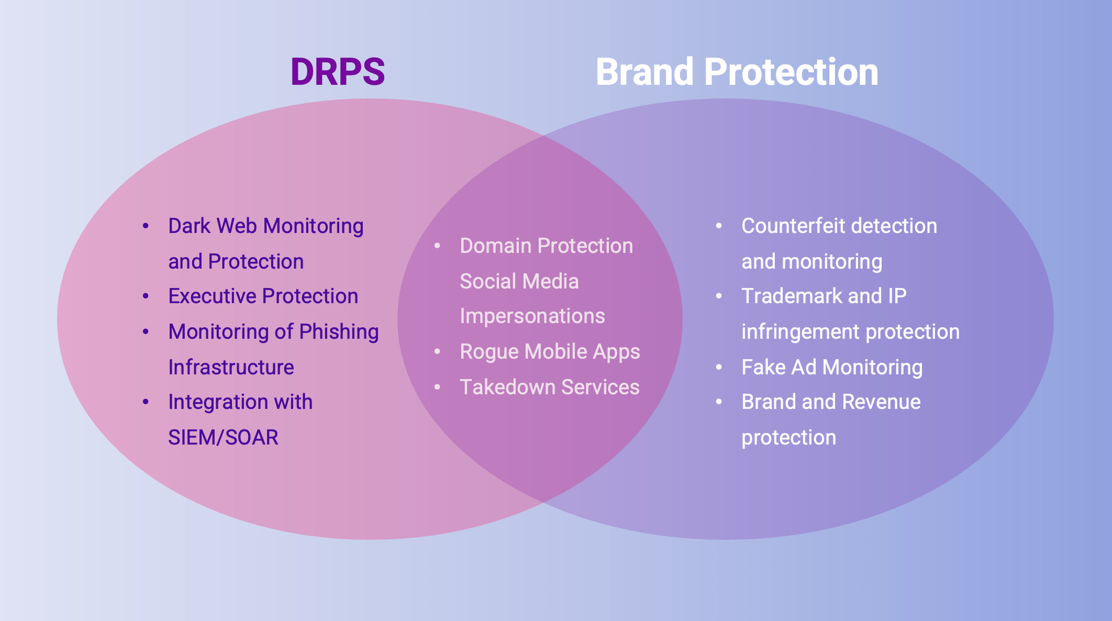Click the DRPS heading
point(338,72)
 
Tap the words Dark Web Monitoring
point(265,226)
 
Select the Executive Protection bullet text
point(263,296)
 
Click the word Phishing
point(339,332)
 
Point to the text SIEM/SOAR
point(223,438)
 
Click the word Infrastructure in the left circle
point(231,368)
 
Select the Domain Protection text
point(546,246)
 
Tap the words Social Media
point(519,282)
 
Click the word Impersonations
point(532,316)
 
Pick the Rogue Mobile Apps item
point(550,352)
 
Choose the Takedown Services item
point(549,387)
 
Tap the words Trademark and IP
point(824,296)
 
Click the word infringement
point(795,332)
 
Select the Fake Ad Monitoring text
point(832,368)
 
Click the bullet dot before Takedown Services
point(437,387)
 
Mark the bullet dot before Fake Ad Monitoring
point(719,368)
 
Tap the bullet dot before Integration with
point(146,402)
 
